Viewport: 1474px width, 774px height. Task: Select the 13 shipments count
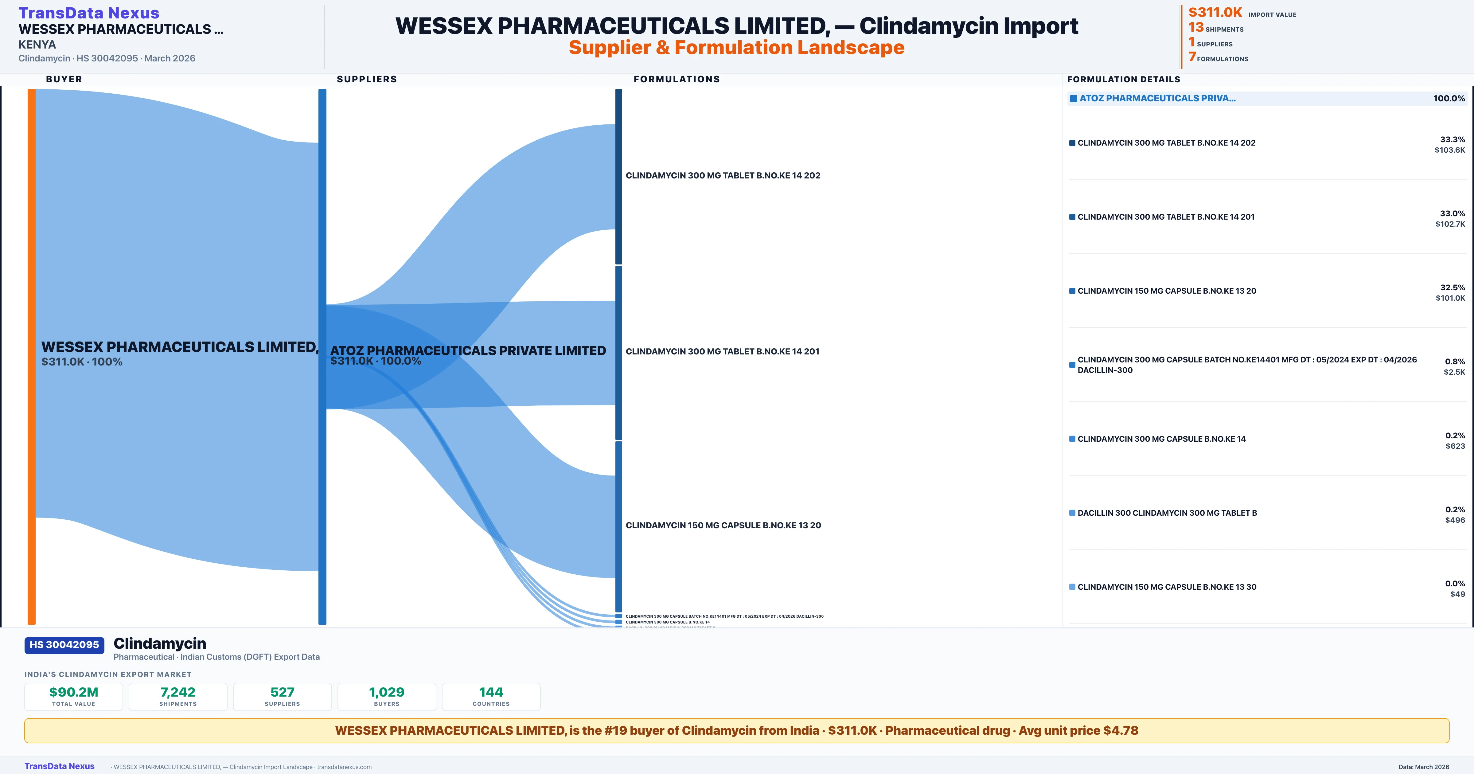(1196, 27)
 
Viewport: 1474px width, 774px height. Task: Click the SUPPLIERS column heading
(367, 79)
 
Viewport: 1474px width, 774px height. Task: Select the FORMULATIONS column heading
(676, 79)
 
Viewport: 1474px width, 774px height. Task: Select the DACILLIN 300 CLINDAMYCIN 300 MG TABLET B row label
(1167, 513)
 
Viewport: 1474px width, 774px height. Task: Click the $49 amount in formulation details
(1457, 594)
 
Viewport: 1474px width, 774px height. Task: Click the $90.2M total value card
(74, 697)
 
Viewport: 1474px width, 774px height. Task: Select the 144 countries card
(491, 697)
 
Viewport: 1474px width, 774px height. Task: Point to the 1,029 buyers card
(387, 697)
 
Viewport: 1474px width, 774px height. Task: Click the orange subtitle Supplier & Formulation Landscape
(736, 48)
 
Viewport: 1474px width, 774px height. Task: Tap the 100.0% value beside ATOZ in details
(1449, 99)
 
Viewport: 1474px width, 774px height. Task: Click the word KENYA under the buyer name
(37, 45)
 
